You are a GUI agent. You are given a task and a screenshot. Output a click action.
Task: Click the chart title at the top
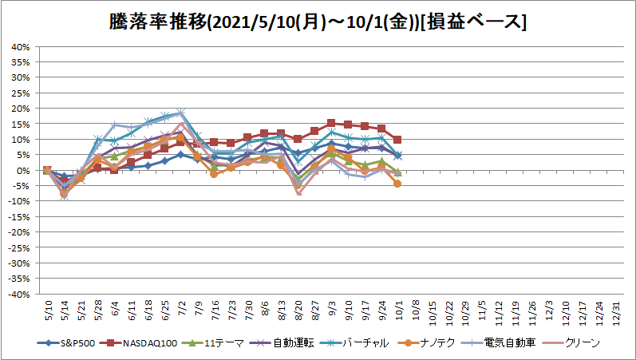[318, 22]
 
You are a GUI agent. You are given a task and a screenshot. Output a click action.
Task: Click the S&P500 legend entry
[66, 343]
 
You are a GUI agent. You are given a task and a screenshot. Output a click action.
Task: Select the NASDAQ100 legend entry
[141, 343]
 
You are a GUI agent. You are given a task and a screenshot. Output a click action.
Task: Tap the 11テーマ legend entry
[215, 343]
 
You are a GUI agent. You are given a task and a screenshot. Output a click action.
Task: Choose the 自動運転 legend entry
[282, 343]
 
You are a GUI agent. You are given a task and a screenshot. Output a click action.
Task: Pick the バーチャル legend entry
[354, 343]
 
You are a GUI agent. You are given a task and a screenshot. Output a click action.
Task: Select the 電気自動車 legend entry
[500, 343]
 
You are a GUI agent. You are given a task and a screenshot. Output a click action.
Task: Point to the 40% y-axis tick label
[21, 47]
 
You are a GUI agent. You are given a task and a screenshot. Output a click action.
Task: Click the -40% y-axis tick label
[19, 295]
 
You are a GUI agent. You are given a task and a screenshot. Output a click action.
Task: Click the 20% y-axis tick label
[21, 109]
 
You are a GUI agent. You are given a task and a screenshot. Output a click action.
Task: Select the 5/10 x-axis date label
[47, 311]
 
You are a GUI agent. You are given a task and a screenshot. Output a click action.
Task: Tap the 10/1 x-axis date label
[399, 311]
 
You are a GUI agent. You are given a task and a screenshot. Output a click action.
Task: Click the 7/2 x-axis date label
[181, 310]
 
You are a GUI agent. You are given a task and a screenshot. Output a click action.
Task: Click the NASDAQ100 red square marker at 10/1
[397, 140]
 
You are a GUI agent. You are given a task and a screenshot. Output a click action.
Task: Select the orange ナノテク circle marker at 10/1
[397, 184]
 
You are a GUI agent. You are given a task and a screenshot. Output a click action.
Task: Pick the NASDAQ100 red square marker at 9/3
[331, 123]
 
